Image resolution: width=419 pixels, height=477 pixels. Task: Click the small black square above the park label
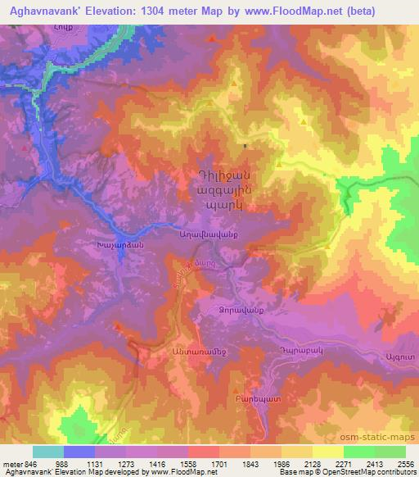(246, 146)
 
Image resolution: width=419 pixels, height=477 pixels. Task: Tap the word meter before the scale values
(11, 465)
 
